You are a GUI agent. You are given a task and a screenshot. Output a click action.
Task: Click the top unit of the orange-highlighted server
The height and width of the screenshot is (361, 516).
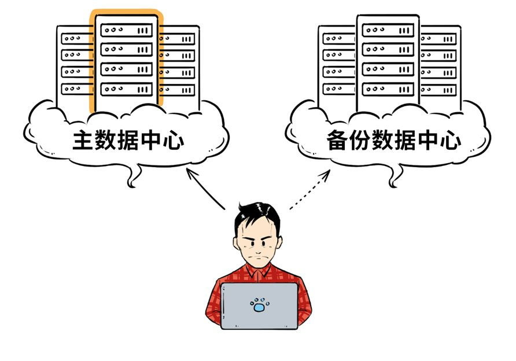click(x=127, y=30)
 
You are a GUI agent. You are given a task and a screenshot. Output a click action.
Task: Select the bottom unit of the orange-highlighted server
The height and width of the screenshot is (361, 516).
click(x=127, y=89)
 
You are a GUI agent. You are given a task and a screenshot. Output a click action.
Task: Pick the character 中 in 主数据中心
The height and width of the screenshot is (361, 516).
click(x=152, y=140)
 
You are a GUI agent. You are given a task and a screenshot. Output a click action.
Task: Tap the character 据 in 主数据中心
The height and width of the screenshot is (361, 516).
click(x=129, y=140)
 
